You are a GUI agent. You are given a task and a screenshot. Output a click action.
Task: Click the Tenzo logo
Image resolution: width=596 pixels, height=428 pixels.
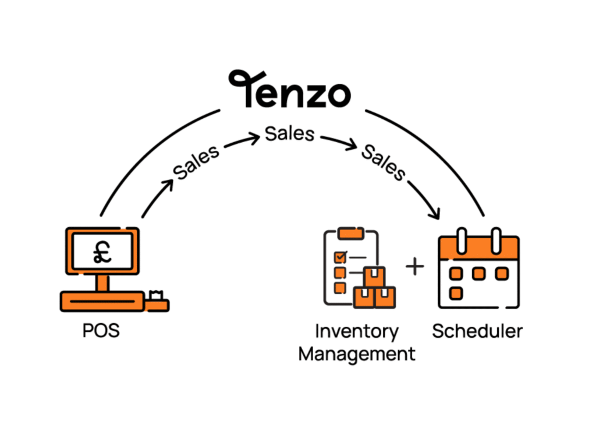tap(289, 90)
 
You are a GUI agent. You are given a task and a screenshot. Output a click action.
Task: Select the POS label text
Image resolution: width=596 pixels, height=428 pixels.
tap(101, 331)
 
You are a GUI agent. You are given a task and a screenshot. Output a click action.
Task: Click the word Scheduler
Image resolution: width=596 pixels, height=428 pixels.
tap(477, 331)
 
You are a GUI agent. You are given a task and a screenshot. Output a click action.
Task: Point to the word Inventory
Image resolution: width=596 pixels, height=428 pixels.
tap(356, 331)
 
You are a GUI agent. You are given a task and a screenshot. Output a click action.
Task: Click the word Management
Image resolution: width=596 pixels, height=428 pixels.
tap(356, 353)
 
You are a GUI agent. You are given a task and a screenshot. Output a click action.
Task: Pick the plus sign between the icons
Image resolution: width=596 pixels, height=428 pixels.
tap(415, 267)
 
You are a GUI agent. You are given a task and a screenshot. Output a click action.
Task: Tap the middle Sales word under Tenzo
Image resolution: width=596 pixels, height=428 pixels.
tap(289, 133)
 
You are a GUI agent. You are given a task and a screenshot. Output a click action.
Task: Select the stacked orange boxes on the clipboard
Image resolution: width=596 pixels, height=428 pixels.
tap(374, 288)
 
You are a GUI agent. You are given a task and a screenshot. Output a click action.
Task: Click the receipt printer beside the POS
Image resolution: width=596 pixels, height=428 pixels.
tap(157, 300)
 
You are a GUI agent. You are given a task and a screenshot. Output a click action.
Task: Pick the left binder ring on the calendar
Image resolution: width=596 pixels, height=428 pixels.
tap(462, 239)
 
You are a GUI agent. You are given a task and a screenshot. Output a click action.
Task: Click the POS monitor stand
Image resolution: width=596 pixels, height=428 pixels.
tap(102, 283)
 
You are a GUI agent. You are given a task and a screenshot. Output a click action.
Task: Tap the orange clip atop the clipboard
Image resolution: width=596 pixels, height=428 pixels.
tap(350, 232)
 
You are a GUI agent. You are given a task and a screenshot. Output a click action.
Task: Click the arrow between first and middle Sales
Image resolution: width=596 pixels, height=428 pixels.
tap(242, 140)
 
